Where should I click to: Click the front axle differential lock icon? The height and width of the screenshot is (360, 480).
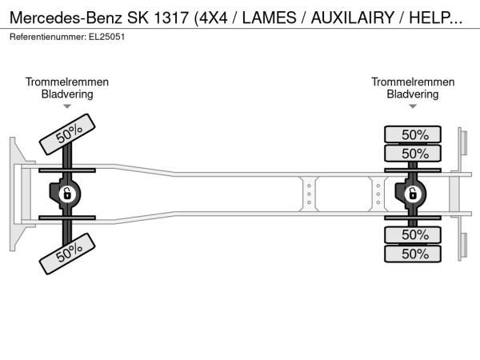tap(67, 194)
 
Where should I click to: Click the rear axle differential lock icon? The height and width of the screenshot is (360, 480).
tap(412, 194)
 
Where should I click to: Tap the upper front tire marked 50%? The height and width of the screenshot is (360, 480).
tap(67, 134)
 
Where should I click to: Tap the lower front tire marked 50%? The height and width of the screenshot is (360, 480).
tap(67, 254)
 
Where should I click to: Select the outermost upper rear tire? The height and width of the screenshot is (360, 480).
tap(413, 134)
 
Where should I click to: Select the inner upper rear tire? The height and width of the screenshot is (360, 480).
tap(413, 153)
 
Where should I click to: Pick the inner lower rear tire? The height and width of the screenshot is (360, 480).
tap(413, 235)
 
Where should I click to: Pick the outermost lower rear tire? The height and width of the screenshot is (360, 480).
tap(413, 254)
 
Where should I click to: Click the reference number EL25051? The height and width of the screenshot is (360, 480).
tap(107, 37)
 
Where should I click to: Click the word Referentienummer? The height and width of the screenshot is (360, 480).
tap(48, 37)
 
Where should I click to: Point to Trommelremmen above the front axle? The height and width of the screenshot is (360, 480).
tap(67, 82)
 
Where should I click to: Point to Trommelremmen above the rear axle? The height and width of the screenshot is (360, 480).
tap(413, 82)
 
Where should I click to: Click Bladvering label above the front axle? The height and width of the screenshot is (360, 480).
tap(67, 94)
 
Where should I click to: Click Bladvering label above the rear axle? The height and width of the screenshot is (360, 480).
tap(413, 94)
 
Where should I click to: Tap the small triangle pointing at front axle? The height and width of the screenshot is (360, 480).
tap(67, 106)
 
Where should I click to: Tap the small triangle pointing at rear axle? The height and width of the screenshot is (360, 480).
tap(413, 106)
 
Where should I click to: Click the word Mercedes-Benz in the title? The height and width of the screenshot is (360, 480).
tap(66, 18)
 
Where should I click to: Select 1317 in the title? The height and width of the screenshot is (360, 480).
tap(171, 18)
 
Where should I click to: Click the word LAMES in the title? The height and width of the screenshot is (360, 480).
tap(270, 18)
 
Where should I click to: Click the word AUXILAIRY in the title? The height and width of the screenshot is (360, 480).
tap(353, 18)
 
